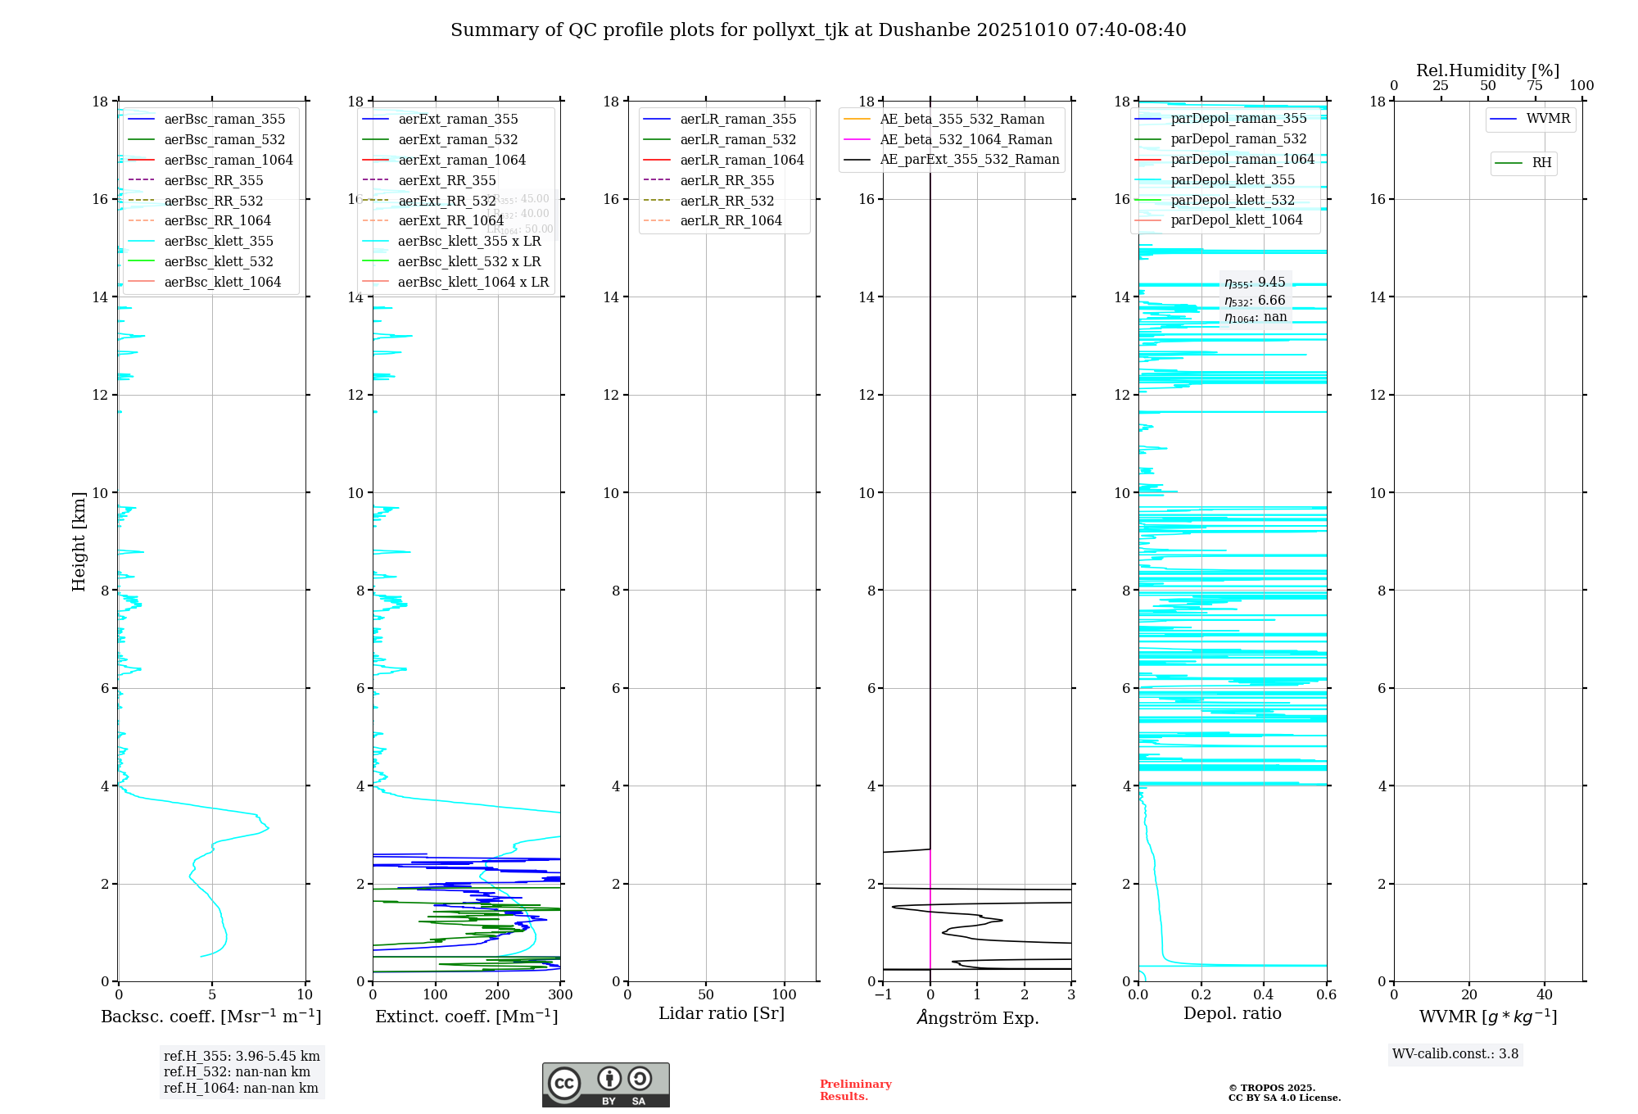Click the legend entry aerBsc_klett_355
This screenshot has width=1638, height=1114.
(218, 242)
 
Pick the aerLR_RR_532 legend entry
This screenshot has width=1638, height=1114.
(726, 201)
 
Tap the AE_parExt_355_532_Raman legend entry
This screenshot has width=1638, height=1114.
(969, 160)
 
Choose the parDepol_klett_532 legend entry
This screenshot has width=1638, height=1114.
(1233, 200)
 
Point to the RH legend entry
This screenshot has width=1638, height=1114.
(1541, 163)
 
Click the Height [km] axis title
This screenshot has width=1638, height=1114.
(79, 541)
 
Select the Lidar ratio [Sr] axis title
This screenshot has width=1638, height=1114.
(722, 1013)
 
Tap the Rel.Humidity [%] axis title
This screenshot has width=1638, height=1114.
(1487, 70)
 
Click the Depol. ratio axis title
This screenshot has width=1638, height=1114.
(1232, 1013)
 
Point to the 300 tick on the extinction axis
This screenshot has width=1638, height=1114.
(560, 995)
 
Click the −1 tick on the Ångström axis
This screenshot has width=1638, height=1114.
(882, 995)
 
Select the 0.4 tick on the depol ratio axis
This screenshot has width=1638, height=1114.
(1264, 995)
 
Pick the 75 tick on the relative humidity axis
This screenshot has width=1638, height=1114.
(1535, 86)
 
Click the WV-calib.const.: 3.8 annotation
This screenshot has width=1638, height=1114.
(1455, 1054)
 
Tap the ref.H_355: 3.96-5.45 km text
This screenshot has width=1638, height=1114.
(242, 1057)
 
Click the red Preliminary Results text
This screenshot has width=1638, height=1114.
(855, 1090)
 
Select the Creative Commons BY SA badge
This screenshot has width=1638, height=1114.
(605, 1085)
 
